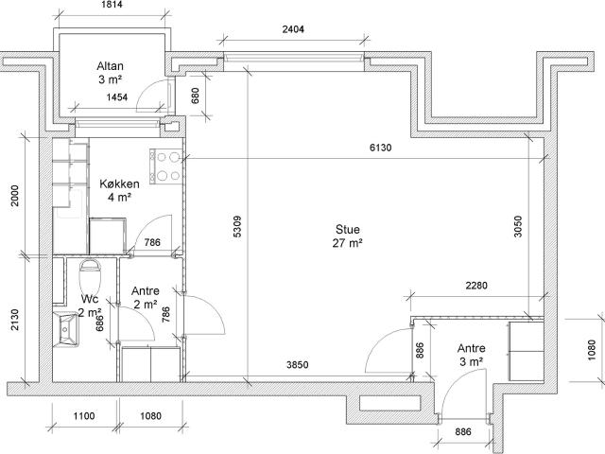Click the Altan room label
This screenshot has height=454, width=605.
point(110,73)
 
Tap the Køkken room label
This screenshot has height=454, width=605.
point(119,190)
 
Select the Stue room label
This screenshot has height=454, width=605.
point(347,236)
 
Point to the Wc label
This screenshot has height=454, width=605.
point(90,299)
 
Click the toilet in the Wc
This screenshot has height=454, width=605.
point(90,276)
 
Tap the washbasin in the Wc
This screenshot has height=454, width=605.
point(65,329)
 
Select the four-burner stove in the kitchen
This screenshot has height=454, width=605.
point(166,166)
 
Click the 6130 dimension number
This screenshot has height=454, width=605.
point(380,148)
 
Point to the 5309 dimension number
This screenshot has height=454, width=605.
point(237,226)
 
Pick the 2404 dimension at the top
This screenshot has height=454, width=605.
point(293,29)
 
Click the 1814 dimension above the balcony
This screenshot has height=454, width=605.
point(112,4)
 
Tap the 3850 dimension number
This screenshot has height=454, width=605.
point(298,364)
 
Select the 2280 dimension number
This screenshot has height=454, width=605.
point(476,286)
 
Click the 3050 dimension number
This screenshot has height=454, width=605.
point(518,227)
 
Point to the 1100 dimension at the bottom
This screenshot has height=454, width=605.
point(84,416)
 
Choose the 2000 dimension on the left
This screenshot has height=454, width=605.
point(15,196)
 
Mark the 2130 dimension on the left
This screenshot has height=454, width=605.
point(15,320)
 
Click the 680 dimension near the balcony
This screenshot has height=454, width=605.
point(196,96)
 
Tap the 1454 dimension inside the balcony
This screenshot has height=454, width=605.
point(117,96)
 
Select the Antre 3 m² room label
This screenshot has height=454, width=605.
point(471,355)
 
